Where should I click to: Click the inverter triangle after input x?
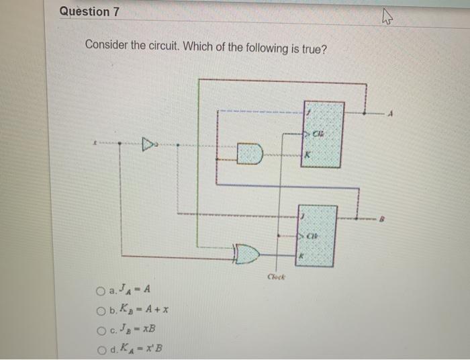click(x=146, y=143)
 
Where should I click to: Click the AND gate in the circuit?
click(x=249, y=154)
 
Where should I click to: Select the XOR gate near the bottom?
click(x=246, y=255)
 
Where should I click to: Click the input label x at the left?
click(x=97, y=143)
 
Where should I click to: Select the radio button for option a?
click(x=99, y=291)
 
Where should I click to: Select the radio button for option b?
click(x=99, y=310)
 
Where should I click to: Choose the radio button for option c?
click(x=99, y=329)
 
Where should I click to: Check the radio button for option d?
click(x=99, y=348)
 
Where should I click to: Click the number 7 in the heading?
click(x=105, y=11)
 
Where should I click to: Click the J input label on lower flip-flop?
click(x=302, y=216)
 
